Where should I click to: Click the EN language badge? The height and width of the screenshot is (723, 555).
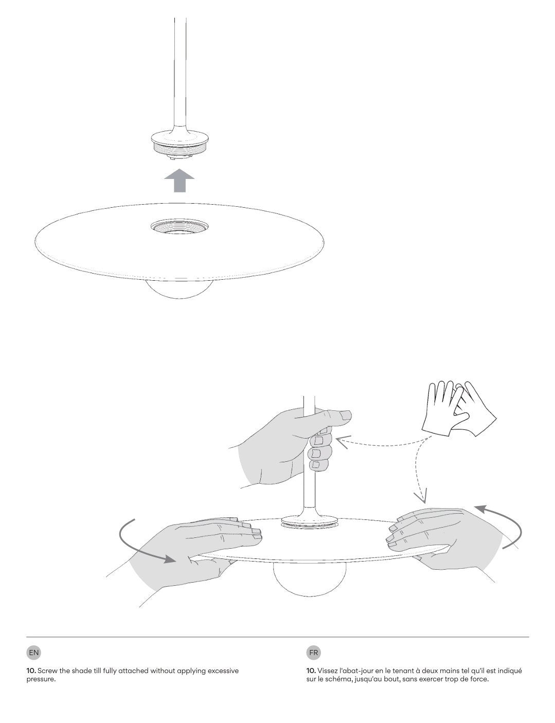point(33,653)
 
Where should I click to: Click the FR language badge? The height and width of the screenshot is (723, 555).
point(313,653)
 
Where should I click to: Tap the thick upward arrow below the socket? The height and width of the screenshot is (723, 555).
point(179,181)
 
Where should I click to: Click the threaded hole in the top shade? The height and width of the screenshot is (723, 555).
point(180,226)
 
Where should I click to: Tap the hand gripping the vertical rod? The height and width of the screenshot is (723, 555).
point(288,442)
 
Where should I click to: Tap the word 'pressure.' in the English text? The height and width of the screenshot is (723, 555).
point(41,679)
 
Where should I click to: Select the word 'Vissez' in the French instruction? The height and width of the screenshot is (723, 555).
point(327,671)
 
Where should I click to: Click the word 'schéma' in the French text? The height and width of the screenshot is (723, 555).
point(335,679)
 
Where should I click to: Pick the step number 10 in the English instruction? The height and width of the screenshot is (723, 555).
point(30,671)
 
